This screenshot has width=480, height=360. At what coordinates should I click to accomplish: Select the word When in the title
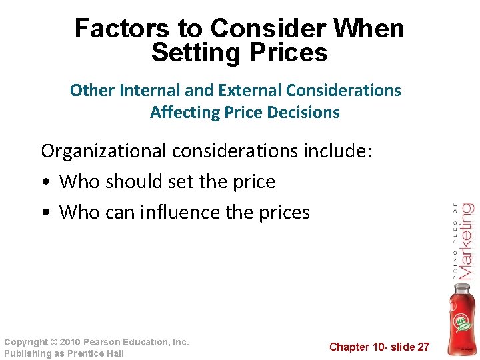click(x=371, y=29)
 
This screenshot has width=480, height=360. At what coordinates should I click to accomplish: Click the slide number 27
click(x=423, y=347)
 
